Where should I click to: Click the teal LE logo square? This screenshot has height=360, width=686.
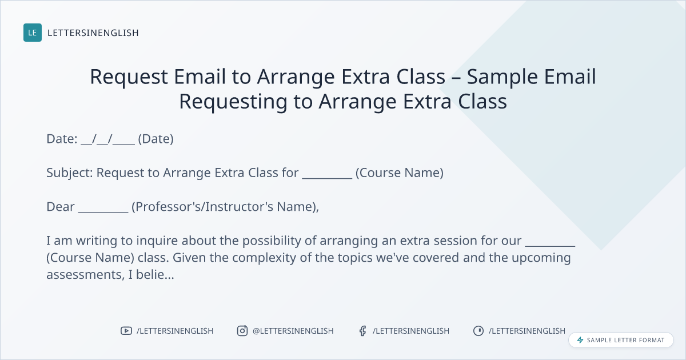click(x=33, y=33)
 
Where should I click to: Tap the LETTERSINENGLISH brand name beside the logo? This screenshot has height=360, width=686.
click(x=93, y=33)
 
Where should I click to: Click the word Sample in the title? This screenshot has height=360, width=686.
click(x=502, y=76)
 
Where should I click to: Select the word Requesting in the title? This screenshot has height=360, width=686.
click(x=233, y=101)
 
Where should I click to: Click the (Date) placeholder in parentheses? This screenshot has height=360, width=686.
click(x=156, y=139)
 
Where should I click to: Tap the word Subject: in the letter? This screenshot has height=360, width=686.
click(x=70, y=173)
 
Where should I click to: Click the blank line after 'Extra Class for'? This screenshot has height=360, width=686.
click(x=327, y=178)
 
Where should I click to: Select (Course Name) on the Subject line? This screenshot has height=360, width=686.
click(x=400, y=173)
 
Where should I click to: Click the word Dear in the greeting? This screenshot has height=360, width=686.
click(x=61, y=207)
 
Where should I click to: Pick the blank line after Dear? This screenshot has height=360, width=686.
click(x=103, y=212)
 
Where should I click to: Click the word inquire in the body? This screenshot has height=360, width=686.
click(x=157, y=241)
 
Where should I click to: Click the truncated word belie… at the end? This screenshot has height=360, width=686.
click(x=155, y=274)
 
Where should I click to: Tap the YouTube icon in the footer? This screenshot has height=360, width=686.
click(x=126, y=331)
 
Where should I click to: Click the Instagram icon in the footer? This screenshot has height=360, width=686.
click(x=242, y=331)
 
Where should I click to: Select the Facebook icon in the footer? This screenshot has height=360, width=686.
click(x=363, y=331)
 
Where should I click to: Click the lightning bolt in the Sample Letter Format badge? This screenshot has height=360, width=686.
click(x=580, y=340)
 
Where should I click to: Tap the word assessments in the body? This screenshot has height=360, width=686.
click(x=85, y=275)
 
